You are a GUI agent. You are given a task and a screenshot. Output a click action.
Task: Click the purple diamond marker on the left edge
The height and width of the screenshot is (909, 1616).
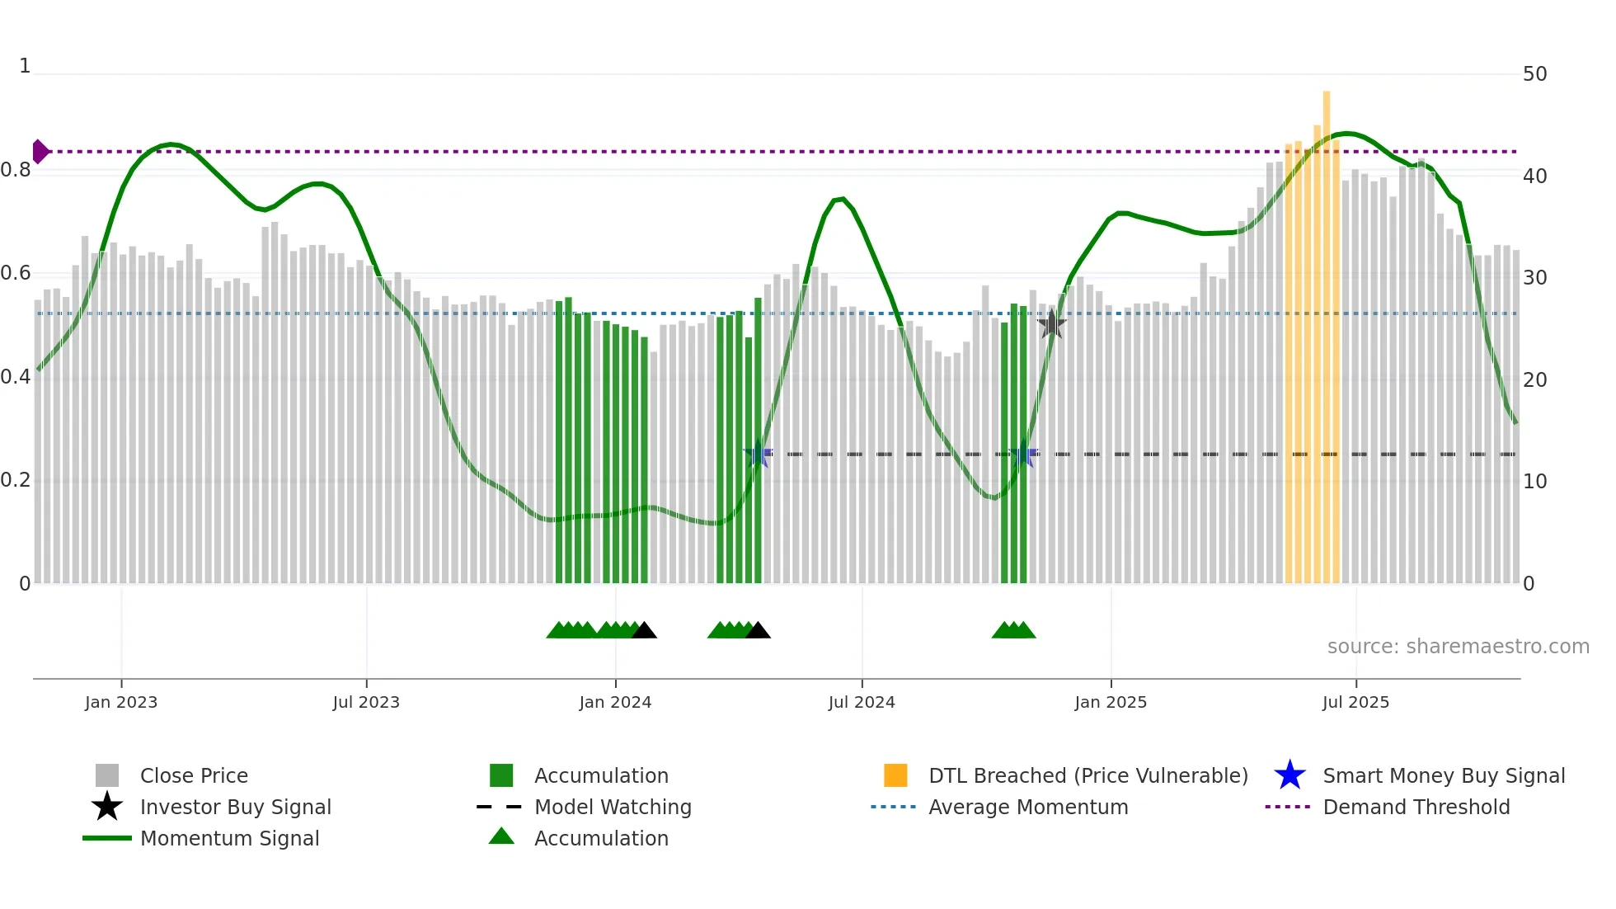[x=40, y=152]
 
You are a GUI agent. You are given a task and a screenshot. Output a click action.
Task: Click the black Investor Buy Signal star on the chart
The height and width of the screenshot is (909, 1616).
[x=1051, y=324]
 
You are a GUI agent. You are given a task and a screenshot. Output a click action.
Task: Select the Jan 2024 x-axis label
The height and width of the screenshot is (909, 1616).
[x=615, y=702]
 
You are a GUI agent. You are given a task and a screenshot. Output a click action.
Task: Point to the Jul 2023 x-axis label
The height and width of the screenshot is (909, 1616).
[x=366, y=702]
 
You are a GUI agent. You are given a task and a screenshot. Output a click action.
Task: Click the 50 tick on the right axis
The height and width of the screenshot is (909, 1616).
[x=1534, y=74]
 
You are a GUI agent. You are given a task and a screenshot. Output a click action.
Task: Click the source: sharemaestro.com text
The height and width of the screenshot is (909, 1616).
[x=1458, y=647]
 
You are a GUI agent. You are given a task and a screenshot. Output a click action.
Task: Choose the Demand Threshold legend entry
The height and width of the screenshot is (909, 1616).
[x=1416, y=807]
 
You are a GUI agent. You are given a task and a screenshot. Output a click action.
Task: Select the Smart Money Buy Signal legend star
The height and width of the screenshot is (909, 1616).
[x=1290, y=775]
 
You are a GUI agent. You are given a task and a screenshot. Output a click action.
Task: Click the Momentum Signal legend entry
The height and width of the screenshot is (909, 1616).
[x=229, y=838]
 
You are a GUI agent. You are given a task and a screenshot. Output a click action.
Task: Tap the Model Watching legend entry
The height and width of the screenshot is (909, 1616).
[x=612, y=807]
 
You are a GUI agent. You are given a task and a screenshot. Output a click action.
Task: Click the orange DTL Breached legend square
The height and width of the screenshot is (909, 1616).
[x=895, y=775]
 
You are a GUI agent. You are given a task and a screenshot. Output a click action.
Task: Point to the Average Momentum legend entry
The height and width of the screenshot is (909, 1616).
[x=1027, y=807]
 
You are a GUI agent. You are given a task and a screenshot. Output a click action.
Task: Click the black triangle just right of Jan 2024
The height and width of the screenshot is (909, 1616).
[x=644, y=631]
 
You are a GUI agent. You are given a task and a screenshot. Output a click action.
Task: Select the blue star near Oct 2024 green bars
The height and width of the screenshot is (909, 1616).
[x=1023, y=454]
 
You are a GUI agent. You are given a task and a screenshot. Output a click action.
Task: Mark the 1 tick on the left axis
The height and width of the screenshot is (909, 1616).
[x=25, y=66]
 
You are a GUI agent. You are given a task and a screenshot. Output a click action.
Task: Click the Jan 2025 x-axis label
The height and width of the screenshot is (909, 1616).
[x=1111, y=702]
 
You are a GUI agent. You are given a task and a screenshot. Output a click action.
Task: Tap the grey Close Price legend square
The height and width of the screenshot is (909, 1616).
[x=107, y=775]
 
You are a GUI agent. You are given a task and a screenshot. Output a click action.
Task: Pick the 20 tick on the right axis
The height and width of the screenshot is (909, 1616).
[x=1534, y=380]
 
